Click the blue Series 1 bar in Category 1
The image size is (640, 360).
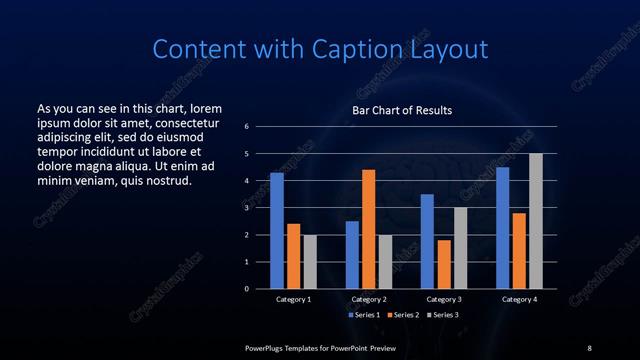277,231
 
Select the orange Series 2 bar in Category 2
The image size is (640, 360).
368,229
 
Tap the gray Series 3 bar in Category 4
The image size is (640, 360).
535,221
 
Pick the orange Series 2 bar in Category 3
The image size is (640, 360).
443,264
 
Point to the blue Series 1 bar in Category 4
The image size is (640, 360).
502,228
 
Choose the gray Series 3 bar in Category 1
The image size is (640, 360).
310,262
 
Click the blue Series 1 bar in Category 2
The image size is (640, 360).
352,255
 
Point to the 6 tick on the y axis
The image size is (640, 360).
246,127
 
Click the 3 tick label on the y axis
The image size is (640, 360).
246,208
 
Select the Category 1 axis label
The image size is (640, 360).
294,299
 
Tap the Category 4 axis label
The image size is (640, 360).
518,299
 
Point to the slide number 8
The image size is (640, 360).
589,347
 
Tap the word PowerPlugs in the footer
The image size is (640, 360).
269,347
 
